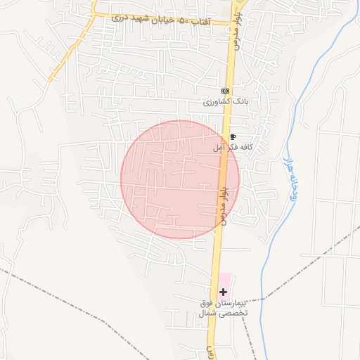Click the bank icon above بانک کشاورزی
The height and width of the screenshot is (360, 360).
pyautogui.click(x=225, y=91)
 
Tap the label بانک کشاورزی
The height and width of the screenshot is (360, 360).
pyautogui.click(x=226, y=102)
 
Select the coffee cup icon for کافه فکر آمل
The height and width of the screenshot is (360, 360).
pyautogui.click(x=233, y=137)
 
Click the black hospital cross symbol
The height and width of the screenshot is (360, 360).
pyautogui.click(x=224, y=292)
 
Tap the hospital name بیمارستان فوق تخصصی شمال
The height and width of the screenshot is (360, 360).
pyautogui.click(x=223, y=308)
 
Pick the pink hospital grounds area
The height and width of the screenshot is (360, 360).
pyautogui.click(x=224, y=280)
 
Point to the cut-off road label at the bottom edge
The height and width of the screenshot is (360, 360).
pyautogui.click(x=209, y=352)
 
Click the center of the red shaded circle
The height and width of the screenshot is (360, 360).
pyautogui.click(x=180, y=179)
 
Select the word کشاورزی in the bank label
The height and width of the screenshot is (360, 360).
pyautogui.click(x=217, y=102)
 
